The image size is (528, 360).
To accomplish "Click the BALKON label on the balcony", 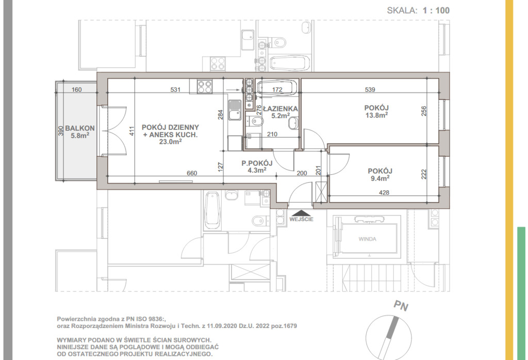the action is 80,128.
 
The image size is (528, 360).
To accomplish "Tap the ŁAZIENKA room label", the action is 280,109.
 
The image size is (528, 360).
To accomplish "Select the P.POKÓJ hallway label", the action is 257,163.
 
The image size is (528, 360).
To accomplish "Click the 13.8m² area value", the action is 376,115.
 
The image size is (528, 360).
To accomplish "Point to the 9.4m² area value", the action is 380,178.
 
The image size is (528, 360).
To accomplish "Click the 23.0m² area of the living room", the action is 170,142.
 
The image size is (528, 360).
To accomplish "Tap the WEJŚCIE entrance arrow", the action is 301,213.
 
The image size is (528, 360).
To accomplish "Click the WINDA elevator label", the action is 367,239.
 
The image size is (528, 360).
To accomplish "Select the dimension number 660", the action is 192,173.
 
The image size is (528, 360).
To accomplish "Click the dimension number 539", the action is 370,90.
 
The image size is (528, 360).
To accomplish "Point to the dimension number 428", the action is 384,192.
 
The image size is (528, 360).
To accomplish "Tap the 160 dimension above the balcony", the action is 77,90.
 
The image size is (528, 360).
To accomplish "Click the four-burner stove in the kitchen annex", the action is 205,86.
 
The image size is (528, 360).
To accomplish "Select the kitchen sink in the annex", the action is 235,110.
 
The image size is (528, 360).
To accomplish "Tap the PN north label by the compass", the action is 401,306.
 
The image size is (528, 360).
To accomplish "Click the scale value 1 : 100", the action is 436,10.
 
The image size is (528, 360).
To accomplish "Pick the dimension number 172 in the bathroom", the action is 277,90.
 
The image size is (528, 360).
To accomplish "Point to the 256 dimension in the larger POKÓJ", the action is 424,111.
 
